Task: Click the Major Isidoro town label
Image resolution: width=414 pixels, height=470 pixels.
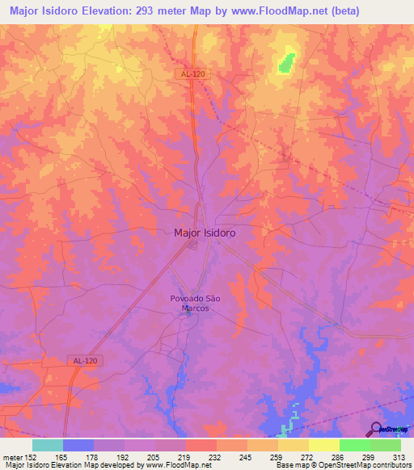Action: (x=205, y=233)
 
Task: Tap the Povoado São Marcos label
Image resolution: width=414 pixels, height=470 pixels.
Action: (x=195, y=303)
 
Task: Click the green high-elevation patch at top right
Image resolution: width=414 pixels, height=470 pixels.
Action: (x=286, y=61)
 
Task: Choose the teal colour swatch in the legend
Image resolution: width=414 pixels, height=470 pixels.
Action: (x=48, y=445)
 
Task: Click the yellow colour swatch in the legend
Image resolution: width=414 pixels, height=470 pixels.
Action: (x=324, y=445)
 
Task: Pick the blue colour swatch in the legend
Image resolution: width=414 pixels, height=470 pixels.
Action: (x=78, y=445)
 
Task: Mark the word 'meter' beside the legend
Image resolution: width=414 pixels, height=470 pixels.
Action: (x=12, y=457)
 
